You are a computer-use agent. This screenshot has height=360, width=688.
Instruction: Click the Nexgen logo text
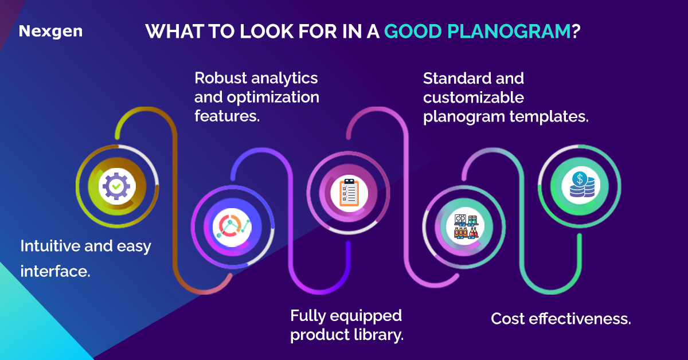(x=50, y=31)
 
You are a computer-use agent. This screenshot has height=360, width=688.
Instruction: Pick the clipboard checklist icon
(x=349, y=192)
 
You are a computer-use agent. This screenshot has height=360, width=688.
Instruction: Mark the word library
(x=377, y=335)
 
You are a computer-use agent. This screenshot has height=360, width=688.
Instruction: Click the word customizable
(x=473, y=97)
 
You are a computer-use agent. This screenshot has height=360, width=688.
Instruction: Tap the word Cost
(x=507, y=319)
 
